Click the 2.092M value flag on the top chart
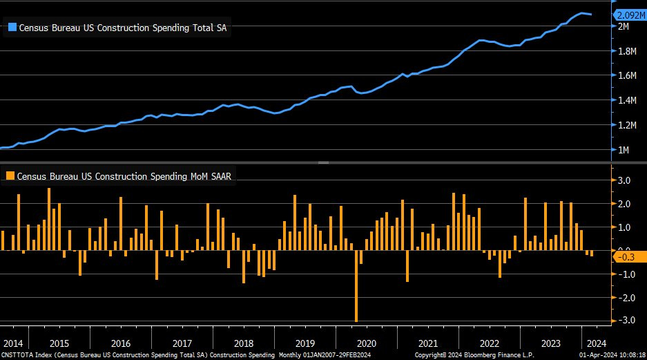point(629,15)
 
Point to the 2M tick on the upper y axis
point(623,26)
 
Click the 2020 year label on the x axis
point(366,343)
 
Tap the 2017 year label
point(182,343)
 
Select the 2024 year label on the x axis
point(596,343)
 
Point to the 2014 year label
point(13,343)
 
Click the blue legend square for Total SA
point(11,28)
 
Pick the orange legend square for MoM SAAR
point(10,176)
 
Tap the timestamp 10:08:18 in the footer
point(630,355)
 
